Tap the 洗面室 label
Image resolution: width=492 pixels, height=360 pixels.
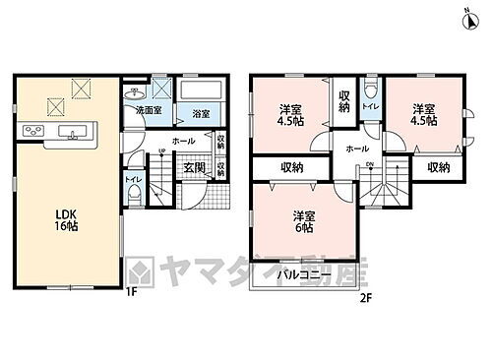[149, 110]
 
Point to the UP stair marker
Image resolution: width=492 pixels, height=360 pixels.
[161, 150]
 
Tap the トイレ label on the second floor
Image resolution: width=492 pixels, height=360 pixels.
[369, 103]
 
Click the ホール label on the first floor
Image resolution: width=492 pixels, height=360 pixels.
[183, 141]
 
